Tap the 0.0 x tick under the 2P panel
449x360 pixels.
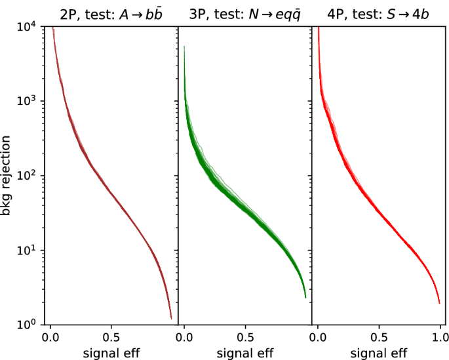point(50,338)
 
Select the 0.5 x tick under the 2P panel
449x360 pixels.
point(111,338)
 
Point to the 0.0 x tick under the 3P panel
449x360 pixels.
point(184,338)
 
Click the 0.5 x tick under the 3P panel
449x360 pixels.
point(245,338)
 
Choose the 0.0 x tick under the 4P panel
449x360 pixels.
point(318,338)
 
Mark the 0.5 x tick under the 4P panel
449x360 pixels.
point(379,338)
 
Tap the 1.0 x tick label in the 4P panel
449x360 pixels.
point(440,338)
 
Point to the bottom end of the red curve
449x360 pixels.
point(439,303)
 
